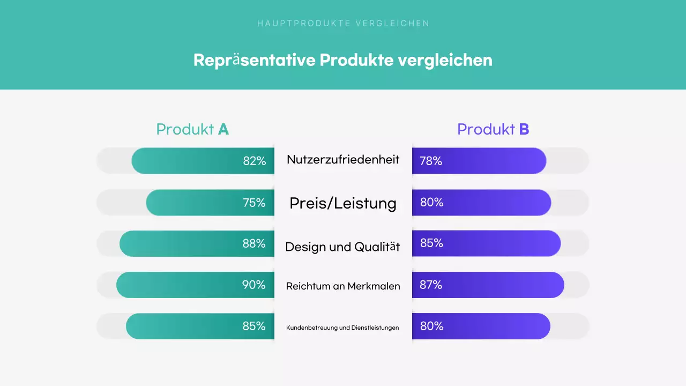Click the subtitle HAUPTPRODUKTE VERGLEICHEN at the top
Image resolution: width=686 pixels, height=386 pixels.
tap(343, 23)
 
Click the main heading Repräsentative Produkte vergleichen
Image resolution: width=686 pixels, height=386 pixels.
tap(343, 60)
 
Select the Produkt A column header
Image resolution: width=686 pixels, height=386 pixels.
tap(192, 129)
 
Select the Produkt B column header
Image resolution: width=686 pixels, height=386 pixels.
tap(493, 129)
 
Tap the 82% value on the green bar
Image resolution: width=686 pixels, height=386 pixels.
tap(255, 161)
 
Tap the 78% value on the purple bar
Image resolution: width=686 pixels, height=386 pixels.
tap(431, 161)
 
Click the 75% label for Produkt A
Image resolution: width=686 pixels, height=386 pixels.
tap(254, 203)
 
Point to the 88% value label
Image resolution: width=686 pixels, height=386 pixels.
tap(254, 243)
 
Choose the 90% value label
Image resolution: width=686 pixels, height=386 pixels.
tap(253, 285)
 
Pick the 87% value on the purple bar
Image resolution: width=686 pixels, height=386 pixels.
tap(431, 285)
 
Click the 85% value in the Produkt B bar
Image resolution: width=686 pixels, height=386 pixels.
tap(431, 243)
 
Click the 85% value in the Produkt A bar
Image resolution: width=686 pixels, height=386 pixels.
tap(254, 326)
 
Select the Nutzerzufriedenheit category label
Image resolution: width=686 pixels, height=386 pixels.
tap(343, 159)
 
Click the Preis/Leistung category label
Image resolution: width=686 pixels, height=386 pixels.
tap(343, 203)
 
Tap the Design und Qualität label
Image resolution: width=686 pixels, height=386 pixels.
tap(343, 247)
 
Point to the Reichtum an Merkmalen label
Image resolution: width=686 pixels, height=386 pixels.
tap(343, 286)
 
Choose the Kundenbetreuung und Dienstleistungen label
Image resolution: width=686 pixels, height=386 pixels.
tap(342, 328)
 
